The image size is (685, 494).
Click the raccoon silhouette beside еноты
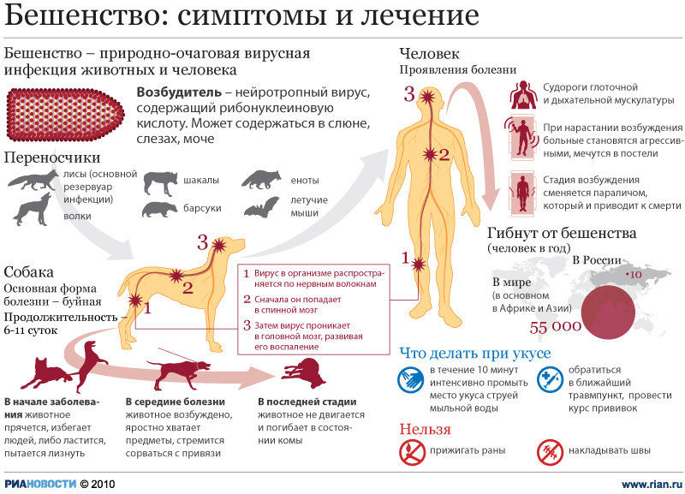tap(260, 180)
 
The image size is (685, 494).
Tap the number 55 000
tap(556, 326)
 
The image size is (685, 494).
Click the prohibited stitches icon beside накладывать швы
tap(549, 450)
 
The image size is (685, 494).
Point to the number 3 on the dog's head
tap(203, 242)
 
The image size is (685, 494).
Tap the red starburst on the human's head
tap(426, 98)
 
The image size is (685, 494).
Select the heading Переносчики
tap(52, 158)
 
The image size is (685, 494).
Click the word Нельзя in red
tap(425, 428)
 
